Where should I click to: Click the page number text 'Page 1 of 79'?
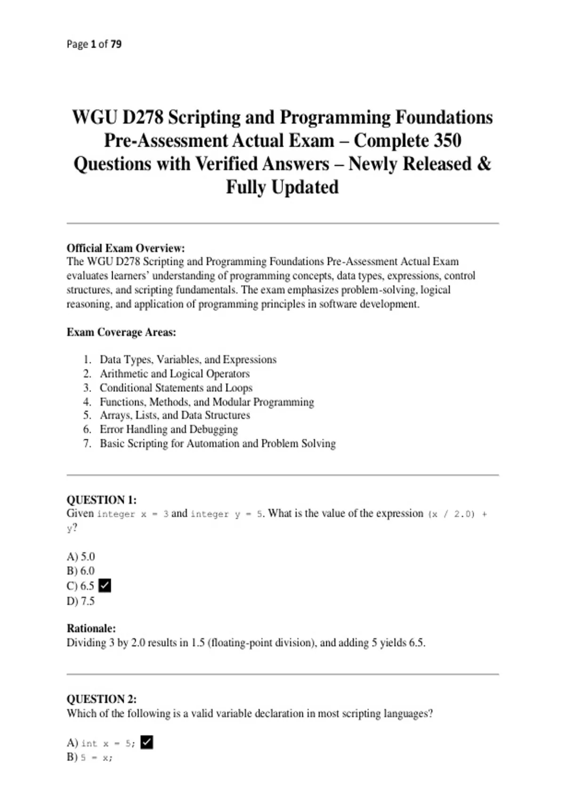click(x=94, y=44)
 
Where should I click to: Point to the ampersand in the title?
click(x=484, y=164)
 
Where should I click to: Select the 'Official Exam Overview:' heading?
click(x=126, y=248)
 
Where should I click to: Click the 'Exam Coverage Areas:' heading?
click(x=121, y=332)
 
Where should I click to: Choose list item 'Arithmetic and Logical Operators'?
click(x=174, y=374)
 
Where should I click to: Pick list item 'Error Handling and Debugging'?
click(x=169, y=429)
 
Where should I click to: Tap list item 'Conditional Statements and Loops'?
click(x=176, y=388)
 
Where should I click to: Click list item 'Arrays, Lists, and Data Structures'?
click(x=175, y=415)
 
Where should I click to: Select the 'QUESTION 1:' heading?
click(x=102, y=500)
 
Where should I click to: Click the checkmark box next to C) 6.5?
click(x=105, y=586)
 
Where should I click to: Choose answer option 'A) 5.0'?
click(x=81, y=557)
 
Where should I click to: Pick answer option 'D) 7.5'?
click(x=81, y=601)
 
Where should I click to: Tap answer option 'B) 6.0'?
click(x=81, y=571)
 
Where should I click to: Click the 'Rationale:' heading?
click(x=91, y=629)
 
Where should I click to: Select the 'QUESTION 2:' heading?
click(x=102, y=699)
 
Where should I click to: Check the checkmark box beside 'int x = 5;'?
click(x=147, y=743)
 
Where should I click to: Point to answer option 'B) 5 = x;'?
click(x=90, y=758)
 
